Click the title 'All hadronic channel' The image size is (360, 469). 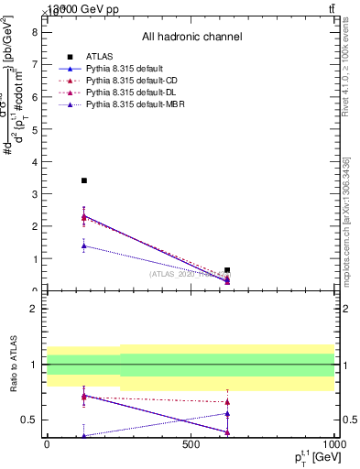click(x=191, y=37)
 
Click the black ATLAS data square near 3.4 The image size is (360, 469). click(x=84, y=180)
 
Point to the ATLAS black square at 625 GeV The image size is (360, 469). click(x=227, y=270)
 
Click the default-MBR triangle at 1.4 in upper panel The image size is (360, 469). click(x=84, y=245)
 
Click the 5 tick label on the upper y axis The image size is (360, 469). click(x=33, y=128)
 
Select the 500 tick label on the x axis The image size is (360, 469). click(x=191, y=444)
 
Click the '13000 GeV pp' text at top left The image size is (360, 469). click(x=82, y=9)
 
